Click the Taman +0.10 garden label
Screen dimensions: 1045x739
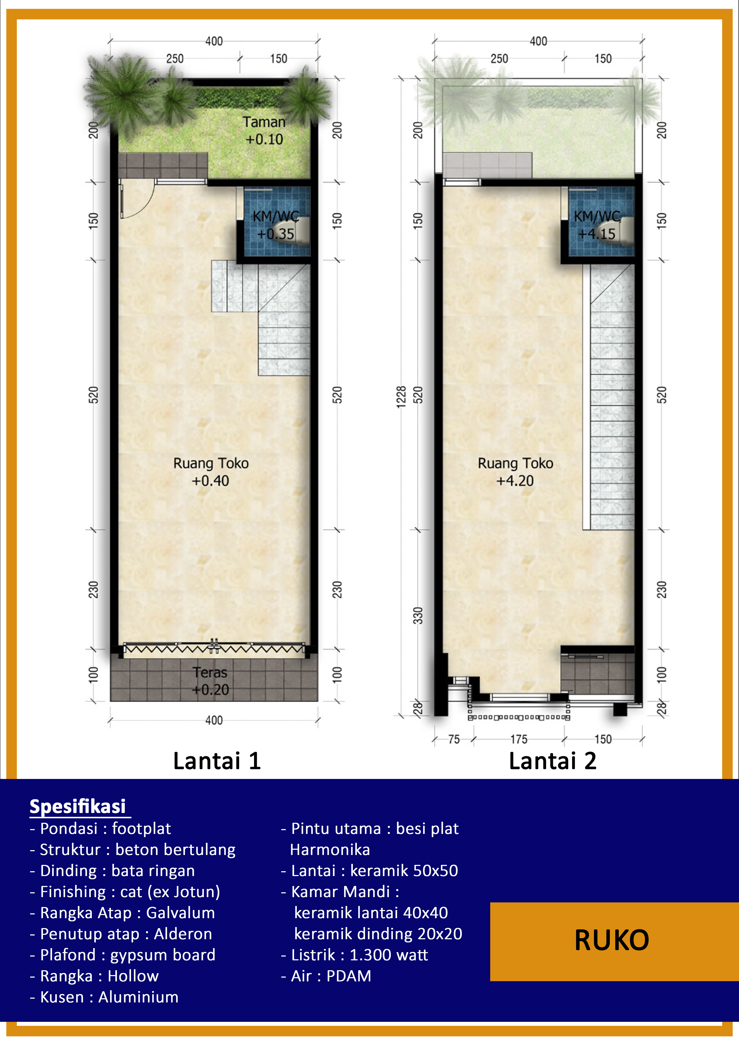[264, 131]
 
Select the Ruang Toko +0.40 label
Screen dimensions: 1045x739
[211, 472]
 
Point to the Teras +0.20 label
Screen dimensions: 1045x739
[210, 681]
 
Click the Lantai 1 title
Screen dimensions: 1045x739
[217, 761]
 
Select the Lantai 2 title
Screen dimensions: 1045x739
[552, 761]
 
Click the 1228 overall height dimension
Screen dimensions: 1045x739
[401, 397]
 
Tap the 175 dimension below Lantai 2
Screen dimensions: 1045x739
[519, 739]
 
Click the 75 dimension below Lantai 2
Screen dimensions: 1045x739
[454, 739]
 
